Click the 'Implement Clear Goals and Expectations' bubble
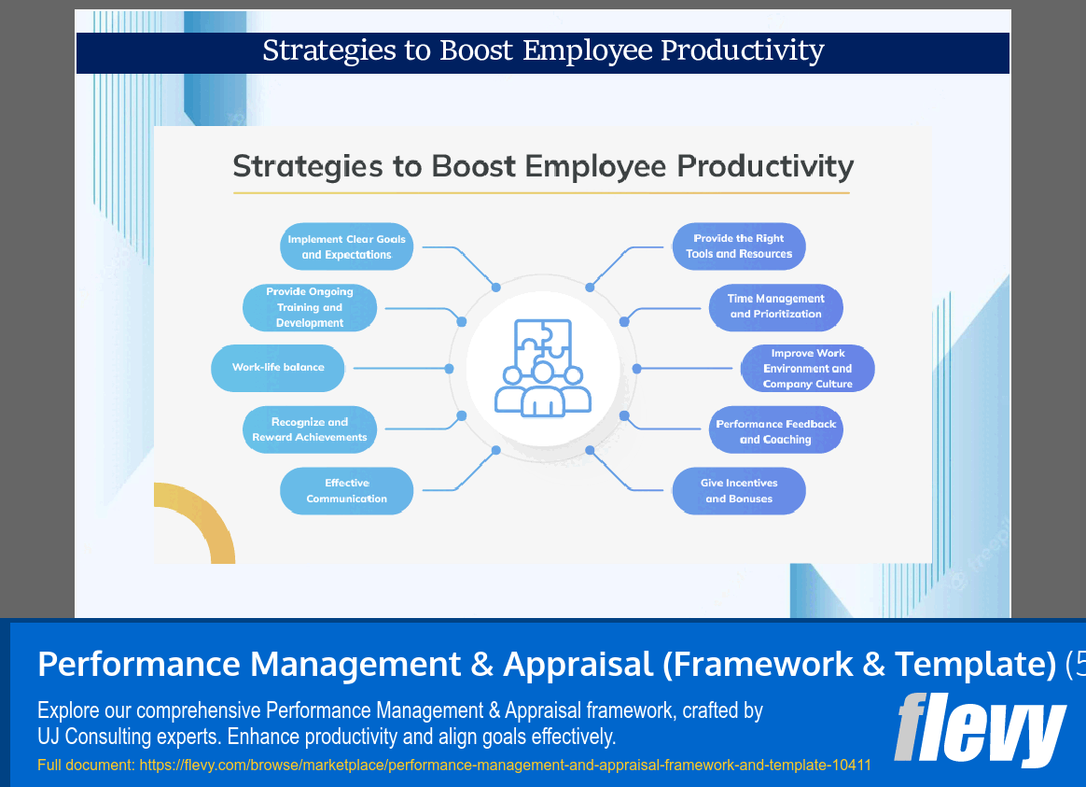click(346, 246)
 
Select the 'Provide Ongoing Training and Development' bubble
click(309, 307)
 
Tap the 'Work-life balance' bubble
click(278, 368)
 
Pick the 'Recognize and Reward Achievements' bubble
click(309, 429)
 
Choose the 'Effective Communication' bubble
click(346, 491)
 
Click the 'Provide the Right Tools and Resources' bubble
click(738, 246)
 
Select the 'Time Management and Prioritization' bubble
click(775, 307)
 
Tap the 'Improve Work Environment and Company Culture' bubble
click(807, 369)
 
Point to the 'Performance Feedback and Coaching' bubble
click(775, 431)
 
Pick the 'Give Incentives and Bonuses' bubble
click(738, 491)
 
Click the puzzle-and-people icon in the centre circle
click(542, 368)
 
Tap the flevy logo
click(980, 728)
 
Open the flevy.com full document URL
click(504, 766)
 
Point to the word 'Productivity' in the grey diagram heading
click(765, 166)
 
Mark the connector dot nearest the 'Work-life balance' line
click(449, 369)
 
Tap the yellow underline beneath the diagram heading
click(541, 193)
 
